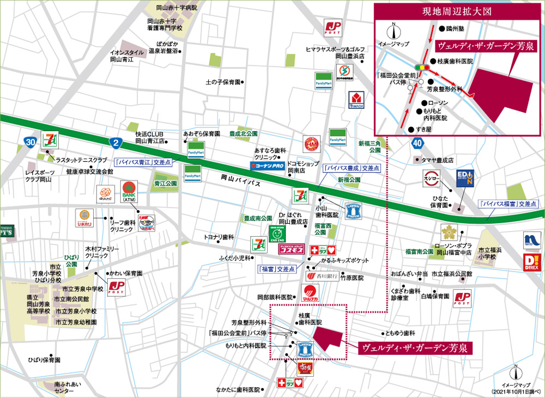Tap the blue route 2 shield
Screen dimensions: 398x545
(114, 143)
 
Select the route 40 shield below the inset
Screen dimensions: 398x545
(417, 143)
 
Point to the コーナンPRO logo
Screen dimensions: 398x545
(267, 165)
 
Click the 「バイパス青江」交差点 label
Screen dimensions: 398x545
(143, 162)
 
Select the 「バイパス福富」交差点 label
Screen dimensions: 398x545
(508, 204)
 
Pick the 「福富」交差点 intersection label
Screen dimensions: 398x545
(277, 268)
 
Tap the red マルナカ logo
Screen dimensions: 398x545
(310, 295)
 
